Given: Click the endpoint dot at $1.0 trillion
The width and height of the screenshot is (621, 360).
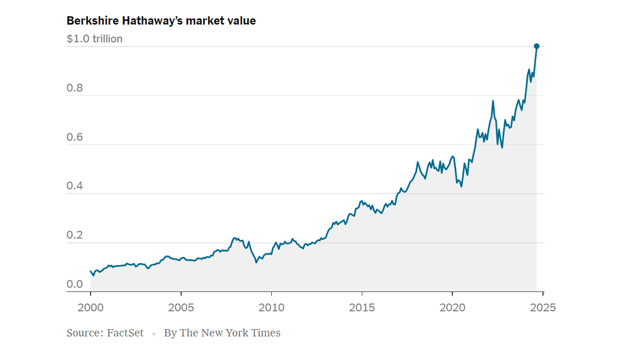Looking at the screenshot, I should point(536,47).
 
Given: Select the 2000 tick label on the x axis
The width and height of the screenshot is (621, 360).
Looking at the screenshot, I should point(90,307).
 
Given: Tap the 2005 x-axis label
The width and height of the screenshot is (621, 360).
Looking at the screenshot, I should point(181,307).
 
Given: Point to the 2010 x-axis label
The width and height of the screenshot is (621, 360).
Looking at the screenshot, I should point(271,307).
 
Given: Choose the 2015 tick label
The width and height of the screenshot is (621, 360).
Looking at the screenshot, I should point(362,307).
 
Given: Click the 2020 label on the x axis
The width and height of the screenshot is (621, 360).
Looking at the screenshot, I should point(452,307).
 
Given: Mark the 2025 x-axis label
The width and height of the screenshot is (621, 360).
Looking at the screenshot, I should point(542,307).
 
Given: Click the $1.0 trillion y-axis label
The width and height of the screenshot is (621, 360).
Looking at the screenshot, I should point(94,39).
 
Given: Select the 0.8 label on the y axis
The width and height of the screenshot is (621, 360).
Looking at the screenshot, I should point(75,88).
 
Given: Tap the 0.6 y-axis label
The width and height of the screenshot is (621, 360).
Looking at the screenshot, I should point(75,137).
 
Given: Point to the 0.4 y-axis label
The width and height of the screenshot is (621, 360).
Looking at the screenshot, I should point(75,186).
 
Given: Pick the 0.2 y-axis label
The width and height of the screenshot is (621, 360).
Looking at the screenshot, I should point(75,235).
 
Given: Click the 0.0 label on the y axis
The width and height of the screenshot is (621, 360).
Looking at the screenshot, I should point(75,284).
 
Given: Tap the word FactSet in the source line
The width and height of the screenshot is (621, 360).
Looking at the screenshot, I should point(125,333).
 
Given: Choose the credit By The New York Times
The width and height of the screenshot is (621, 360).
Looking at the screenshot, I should point(222,333).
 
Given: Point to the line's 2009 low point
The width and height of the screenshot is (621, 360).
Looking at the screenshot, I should point(256,262).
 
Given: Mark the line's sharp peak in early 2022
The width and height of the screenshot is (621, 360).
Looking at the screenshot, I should point(493,100).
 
